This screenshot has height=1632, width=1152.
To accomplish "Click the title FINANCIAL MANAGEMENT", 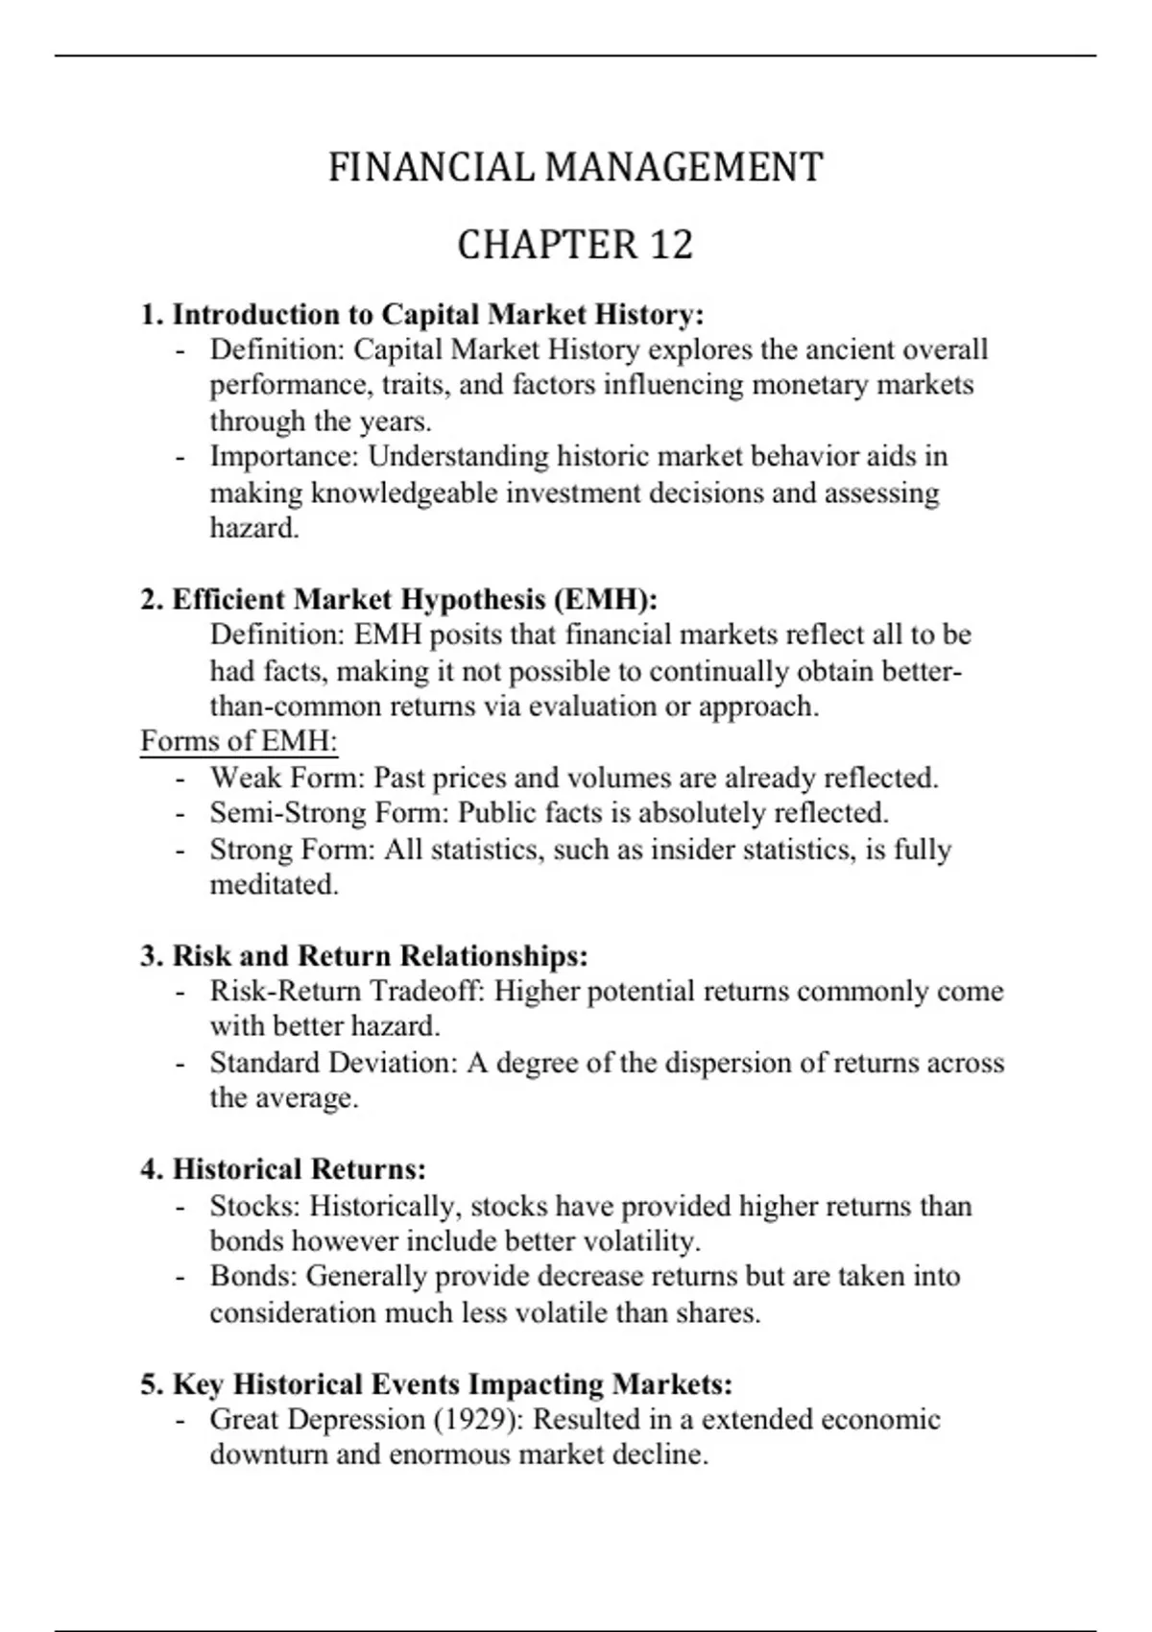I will tap(575, 168).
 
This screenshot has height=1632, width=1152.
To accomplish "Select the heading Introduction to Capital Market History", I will tap(437, 315).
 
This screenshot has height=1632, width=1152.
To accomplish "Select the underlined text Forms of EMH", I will tap(239, 741).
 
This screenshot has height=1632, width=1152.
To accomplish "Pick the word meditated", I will tap(274, 884).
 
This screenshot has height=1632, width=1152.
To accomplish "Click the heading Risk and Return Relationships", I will tap(379, 956).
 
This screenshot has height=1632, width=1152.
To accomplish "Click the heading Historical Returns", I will tap(299, 1169).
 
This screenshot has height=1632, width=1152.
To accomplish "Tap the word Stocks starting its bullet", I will tap(253, 1206).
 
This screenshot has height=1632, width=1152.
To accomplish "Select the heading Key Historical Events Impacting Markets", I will tap(452, 1384).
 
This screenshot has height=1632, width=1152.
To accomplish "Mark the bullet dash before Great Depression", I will tap(180, 1420).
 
